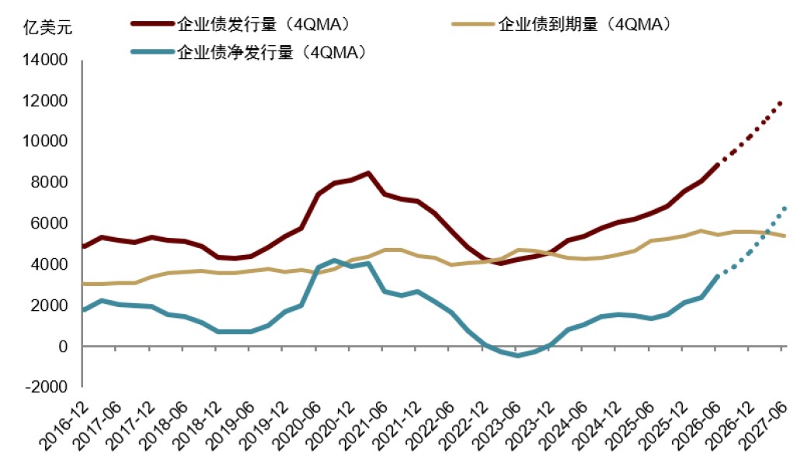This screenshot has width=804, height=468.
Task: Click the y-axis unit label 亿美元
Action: click(47, 26)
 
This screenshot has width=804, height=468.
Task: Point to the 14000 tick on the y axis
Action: click(45, 60)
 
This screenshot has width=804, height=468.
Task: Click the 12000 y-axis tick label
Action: click(45, 100)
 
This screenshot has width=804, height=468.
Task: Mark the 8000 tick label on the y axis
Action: click(49, 182)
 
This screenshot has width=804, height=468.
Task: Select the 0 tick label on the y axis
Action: click(63, 347)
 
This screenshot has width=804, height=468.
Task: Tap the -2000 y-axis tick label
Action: click(46, 386)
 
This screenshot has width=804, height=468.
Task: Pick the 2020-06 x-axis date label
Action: click(297, 427)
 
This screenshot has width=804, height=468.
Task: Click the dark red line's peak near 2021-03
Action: click(367, 173)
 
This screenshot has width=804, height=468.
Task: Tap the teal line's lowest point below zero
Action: click(517, 355)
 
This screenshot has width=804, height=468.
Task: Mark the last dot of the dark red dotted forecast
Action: click(781, 103)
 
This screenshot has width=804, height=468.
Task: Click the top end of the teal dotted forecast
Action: click(785, 208)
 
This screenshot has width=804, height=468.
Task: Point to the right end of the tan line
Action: click(785, 236)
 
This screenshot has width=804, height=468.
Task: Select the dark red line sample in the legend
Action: click(153, 23)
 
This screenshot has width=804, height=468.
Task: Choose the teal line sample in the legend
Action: click(153, 52)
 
